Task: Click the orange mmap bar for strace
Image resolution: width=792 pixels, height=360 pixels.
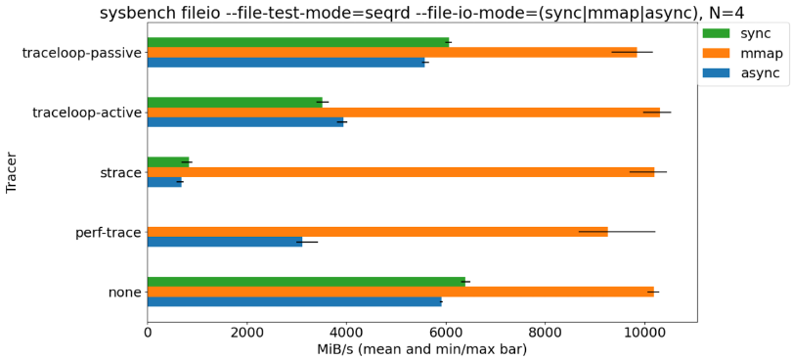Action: click(x=401, y=172)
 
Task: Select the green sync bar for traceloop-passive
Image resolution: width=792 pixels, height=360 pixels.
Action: click(x=298, y=42)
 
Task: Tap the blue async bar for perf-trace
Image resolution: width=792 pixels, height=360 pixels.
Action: click(x=225, y=242)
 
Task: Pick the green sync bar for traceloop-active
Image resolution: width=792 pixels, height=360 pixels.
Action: click(x=235, y=102)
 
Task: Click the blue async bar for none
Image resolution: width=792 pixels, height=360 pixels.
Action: click(x=294, y=301)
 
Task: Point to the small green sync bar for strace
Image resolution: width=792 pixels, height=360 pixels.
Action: click(x=168, y=162)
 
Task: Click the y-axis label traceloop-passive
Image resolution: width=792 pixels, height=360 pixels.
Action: click(x=82, y=53)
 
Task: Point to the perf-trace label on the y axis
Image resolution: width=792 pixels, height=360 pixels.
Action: click(x=109, y=233)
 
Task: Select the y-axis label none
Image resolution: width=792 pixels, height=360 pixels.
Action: click(x=124, y=292)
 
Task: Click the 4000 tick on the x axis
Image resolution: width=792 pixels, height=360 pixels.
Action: click(x=346, y=333)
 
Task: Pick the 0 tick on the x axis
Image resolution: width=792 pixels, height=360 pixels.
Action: click(x=148, y=333)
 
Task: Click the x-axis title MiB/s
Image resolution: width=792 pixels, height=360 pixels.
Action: click(x=421, y=349)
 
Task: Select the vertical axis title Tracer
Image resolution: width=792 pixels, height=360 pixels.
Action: click(x=12, y=172)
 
